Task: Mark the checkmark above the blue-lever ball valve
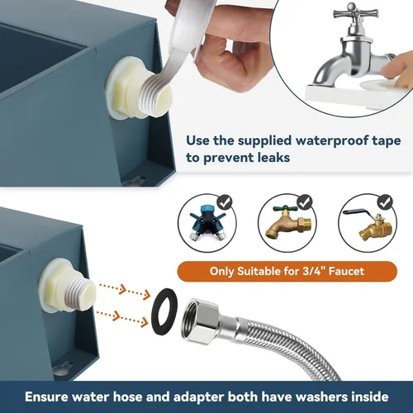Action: pos(386,202)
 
